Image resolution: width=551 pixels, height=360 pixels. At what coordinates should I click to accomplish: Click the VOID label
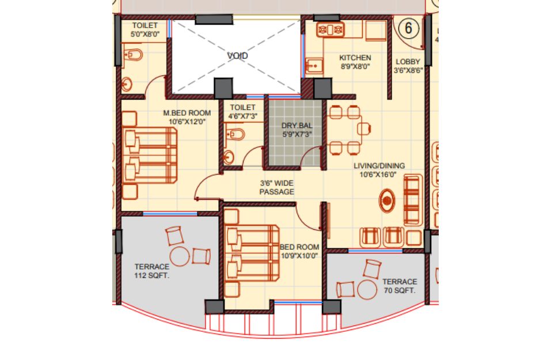pos(238,55)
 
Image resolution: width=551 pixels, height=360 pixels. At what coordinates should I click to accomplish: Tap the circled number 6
pos(408,28)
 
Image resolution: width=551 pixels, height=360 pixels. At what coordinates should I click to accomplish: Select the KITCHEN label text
pos(355,58)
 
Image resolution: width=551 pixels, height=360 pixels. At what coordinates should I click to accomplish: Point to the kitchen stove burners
pos(330,30)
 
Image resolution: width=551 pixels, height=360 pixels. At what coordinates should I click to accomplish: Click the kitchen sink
pos(314,66)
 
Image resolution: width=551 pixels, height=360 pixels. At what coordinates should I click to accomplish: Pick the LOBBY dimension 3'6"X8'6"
pos(408,70)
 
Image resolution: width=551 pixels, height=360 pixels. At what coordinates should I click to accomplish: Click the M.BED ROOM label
pos(187,113)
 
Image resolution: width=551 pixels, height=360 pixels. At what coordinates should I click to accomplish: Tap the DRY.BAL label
pos(297,126)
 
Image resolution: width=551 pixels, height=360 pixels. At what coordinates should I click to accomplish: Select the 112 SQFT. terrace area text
pos(151,276)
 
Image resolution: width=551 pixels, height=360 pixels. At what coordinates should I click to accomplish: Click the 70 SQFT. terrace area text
pos(400,291)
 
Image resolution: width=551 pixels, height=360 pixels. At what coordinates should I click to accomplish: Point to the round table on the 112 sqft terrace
pos(180,256)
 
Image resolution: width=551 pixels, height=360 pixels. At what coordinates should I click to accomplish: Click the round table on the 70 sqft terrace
pos(367,290)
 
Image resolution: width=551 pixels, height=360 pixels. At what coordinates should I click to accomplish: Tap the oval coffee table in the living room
pos(387,201)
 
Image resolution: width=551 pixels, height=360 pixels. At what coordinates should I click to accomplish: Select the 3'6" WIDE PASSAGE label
pos(277,187)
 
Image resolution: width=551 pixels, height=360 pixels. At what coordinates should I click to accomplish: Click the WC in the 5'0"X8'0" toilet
pos(133,55)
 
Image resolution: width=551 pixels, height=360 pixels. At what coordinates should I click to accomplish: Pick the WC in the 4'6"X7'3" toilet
pos(235,134)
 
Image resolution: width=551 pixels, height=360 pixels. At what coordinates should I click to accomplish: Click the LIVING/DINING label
pos(379,165)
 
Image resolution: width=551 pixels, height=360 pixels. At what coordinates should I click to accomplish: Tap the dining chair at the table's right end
pos(364,129)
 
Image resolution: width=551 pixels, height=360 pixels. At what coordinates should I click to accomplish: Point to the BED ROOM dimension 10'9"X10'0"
pos(299,256)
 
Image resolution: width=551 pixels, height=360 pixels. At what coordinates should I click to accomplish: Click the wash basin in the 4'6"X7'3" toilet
pos(229,157)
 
